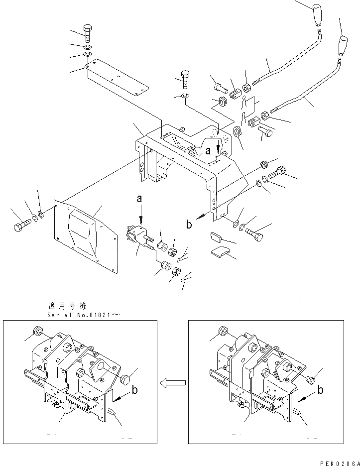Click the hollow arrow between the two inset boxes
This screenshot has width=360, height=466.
tap(173, 382)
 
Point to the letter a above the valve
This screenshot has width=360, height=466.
tap(139, 199)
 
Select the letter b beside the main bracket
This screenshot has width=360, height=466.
tap(189, 225)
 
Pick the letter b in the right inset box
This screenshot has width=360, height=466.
tap(320, 390)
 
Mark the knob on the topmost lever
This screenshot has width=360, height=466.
tap(317, 15)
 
